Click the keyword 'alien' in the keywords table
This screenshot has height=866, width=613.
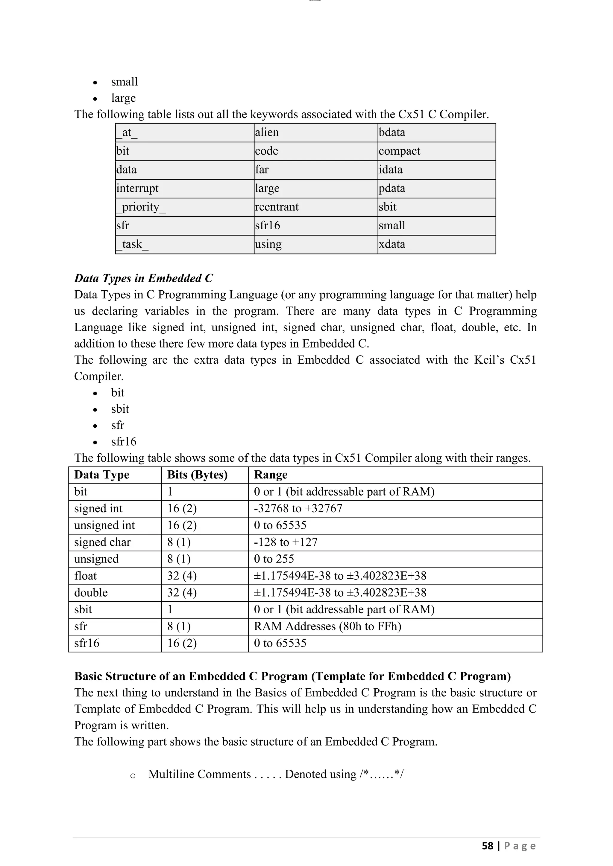coord(267,132)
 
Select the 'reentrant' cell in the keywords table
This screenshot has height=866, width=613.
coord(277,207)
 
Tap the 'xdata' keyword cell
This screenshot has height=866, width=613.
coord(392,244)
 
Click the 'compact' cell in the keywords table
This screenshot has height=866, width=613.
coord(399,151)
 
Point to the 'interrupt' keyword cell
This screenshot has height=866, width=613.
coord(137,188)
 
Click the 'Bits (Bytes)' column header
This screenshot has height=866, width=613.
coord(198,475)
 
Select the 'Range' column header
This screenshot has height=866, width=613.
coord(271,475)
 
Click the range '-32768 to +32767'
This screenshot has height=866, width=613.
coord(298,508)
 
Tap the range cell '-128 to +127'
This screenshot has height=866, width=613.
coord(286,542)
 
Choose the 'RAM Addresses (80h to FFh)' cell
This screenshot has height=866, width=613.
coord(327,626)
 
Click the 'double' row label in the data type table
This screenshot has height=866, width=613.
coord(91,593)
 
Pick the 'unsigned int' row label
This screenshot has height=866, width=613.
coord(104,525)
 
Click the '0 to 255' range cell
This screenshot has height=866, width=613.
coord(274,559)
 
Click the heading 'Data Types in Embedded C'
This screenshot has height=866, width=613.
coord(143,278)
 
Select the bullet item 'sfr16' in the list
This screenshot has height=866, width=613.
coord(124,441)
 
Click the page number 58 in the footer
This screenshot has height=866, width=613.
coord(487,846)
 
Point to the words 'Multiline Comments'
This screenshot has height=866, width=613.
coord(199,774)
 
